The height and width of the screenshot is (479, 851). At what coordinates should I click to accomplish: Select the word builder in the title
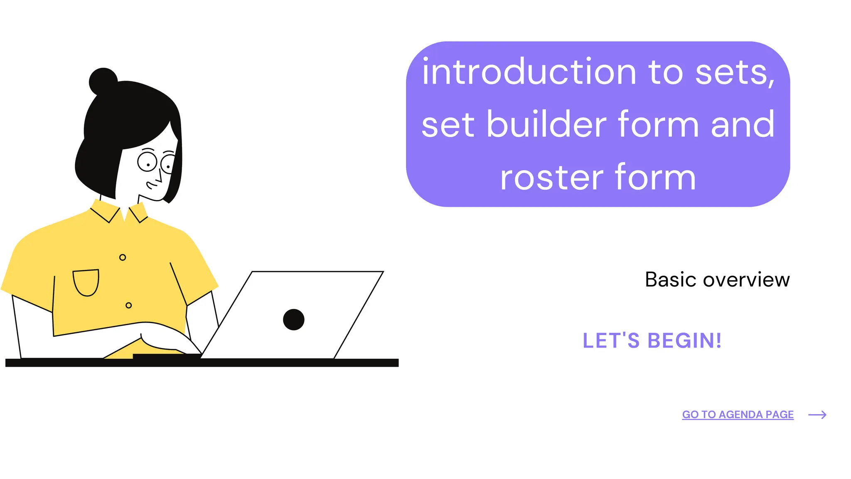click(x=546, y=124)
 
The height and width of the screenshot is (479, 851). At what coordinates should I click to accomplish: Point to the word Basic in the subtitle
click(x=670, y=279)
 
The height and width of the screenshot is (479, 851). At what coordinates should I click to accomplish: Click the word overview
click(x=746, y=280)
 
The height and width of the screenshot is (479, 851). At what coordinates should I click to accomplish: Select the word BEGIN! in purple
click(x=684, y=341)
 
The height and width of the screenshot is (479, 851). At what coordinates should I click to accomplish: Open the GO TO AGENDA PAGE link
click(x=738, y=415)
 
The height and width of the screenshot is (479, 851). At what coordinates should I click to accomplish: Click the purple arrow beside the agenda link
click(x=817, y=415)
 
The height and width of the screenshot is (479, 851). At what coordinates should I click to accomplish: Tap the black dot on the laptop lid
click(x=294, y=319)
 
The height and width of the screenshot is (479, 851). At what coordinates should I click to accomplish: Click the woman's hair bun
click(x=103, y=81)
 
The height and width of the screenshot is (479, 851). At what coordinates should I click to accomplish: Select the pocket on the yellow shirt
click(x=86, y=282)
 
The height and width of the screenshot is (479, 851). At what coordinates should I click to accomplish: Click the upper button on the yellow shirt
click(x=123, y=257)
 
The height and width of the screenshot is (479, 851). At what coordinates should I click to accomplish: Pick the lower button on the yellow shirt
click(x=129, y=305)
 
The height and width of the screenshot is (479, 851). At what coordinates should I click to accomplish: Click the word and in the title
click(x=743, y=124)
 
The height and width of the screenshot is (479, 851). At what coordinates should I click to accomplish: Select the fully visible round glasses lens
click(x=147, y=162)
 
